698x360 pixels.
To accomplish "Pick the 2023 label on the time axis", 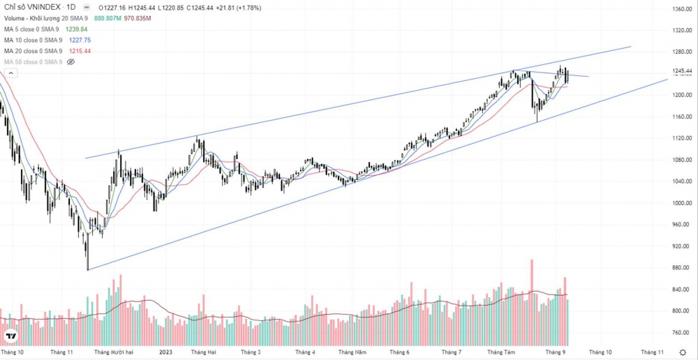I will point(165,352).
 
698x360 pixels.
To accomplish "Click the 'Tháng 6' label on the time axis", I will point(399,352).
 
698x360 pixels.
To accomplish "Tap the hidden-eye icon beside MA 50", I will point(70,62).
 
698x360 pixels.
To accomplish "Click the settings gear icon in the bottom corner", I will point(682,352).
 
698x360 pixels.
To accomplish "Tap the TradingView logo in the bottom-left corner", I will point(11,337).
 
